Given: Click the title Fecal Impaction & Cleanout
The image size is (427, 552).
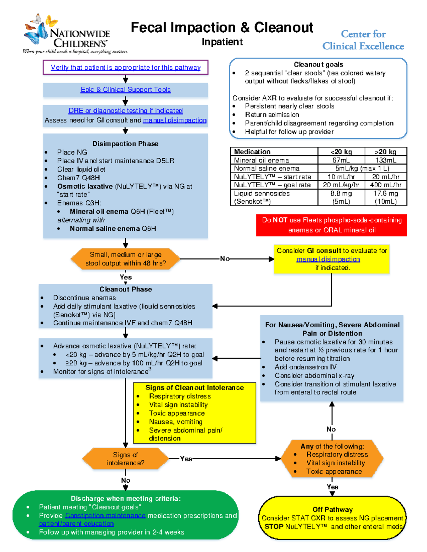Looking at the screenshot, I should [x=222, y=27].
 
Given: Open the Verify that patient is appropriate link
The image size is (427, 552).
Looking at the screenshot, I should [x=125, y=68].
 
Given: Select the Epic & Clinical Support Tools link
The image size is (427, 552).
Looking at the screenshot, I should [x=125, y=90].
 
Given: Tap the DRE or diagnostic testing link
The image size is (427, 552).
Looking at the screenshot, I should [x=125, y=111].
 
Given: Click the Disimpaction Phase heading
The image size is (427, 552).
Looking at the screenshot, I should [x=125, y=144].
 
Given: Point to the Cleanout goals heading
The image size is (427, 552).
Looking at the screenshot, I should [x=318, y=64].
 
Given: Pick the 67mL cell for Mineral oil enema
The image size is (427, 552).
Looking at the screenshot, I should [x=341, y=160].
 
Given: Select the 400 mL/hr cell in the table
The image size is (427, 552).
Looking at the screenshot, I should [x=385, y=185].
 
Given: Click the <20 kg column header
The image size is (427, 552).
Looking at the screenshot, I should [x=341, y=152].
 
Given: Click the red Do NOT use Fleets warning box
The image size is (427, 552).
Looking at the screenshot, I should [x=331, y=225].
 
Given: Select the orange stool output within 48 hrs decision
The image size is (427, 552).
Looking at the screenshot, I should [x=125, y=259].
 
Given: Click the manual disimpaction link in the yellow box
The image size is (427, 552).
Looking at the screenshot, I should [x=328, y=259].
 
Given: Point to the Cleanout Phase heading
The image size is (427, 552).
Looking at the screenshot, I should [x=125, y=289].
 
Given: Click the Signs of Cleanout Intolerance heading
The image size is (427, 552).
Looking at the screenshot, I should [x=194, y=387].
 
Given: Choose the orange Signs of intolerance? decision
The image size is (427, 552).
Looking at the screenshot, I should [x=125, y=459].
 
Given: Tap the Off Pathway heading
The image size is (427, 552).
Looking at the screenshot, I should [x=332, y=509].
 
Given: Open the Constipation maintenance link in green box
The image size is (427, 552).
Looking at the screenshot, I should [x=105, y=515].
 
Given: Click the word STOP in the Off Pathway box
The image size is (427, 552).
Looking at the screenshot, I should [x=274, y=526].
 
